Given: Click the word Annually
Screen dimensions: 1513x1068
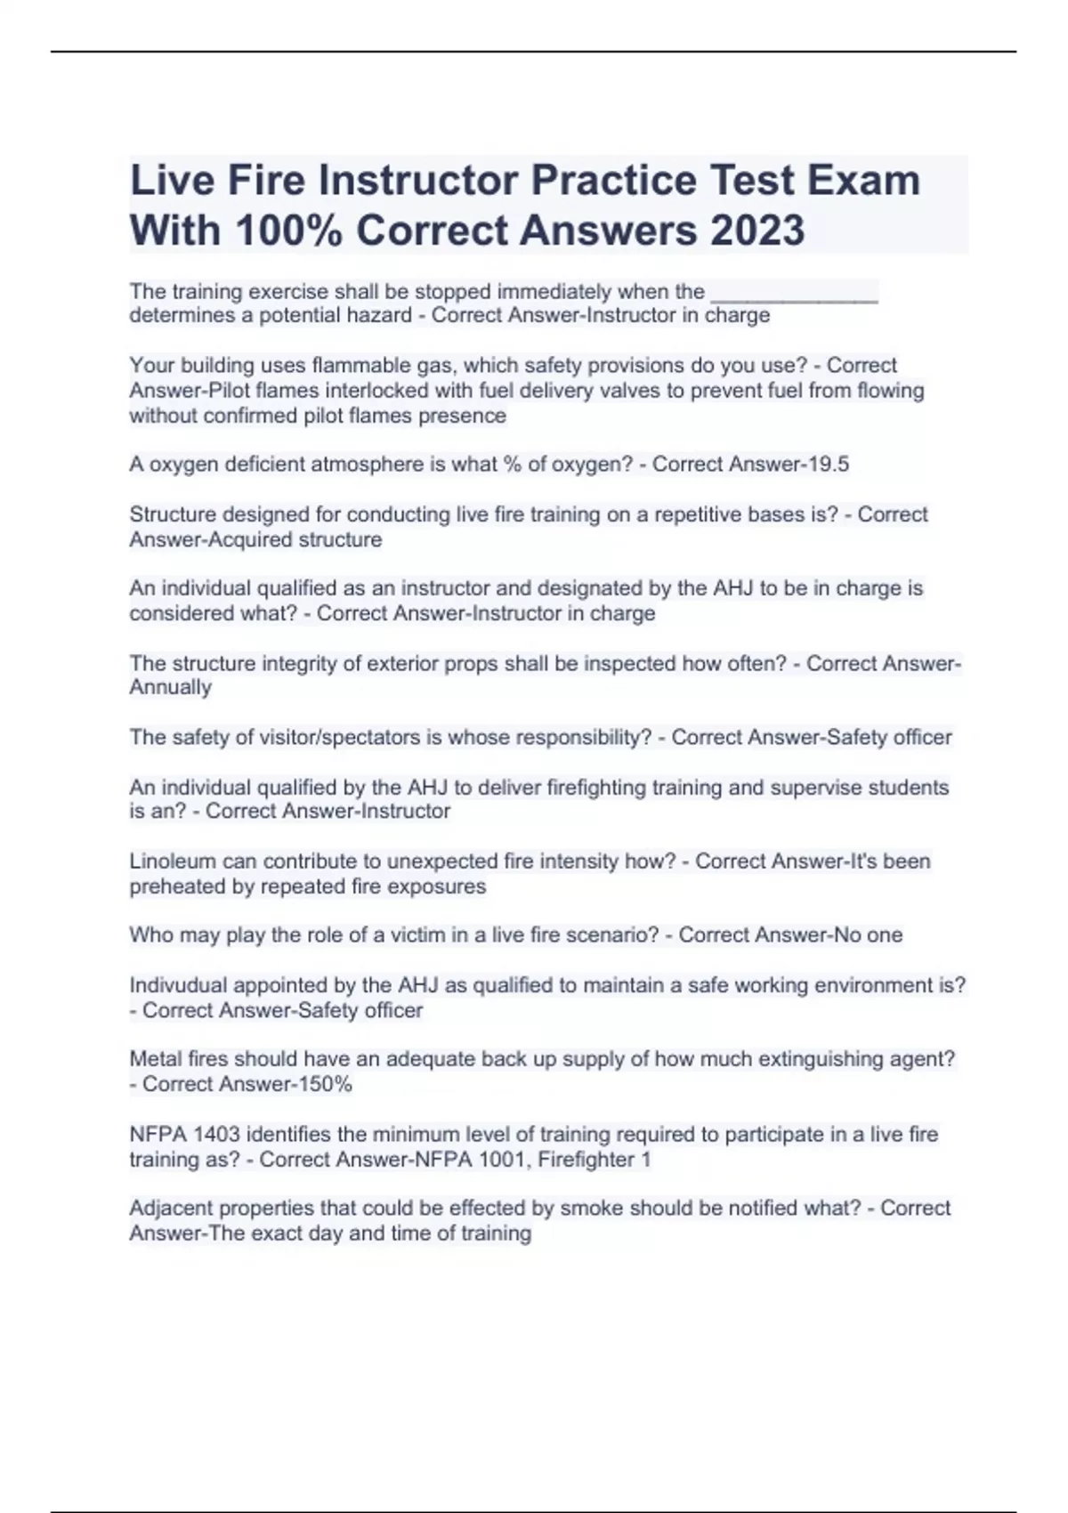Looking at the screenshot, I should [171, 688].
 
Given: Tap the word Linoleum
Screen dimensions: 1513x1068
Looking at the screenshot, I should [172, 862].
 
